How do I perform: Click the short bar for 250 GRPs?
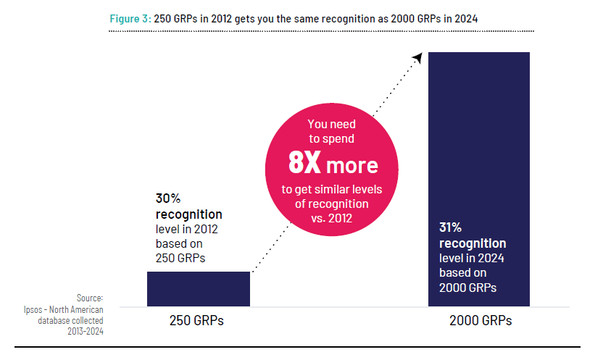click(x=198, y=288)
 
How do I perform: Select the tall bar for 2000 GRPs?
click(x=479, y=145)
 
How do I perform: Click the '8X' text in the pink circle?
click(x=304, y=164)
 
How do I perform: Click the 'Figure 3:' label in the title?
click(x=130, y=19)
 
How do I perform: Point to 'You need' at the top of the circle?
click(x=332, y=125)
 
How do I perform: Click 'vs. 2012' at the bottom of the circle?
click(x=332, y=217)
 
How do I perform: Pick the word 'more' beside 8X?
click(x=352, y=165)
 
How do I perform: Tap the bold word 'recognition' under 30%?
click(x=188, y=214)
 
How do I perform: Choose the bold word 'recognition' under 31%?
click(x=473, y=243)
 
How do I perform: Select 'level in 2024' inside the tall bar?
click(x=473, y=258)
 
